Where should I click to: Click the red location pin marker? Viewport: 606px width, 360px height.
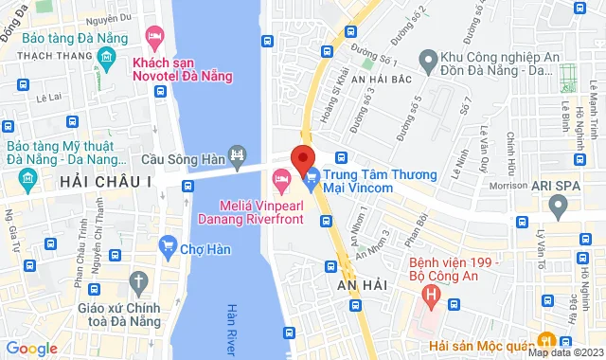click(303, 158)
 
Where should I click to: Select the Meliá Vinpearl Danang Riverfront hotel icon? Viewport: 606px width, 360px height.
click(281, 178)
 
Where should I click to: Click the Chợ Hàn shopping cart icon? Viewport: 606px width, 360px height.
click(169, 246)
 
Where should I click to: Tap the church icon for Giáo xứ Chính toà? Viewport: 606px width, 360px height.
click(140, 281)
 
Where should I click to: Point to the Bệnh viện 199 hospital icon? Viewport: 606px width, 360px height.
click(431, 295)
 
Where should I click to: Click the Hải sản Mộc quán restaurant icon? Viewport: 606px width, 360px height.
click(546, 340)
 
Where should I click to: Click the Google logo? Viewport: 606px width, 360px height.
click(30, 348)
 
